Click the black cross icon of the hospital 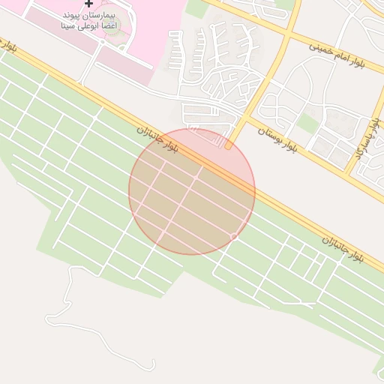89,4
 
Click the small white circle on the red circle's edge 234,237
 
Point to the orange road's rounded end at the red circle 228,146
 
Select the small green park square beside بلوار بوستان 308,122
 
